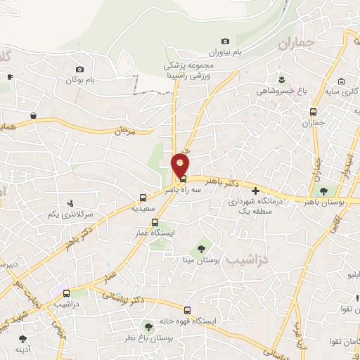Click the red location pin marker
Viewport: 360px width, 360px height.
click(181, 166)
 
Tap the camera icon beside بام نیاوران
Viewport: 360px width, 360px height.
click(225, 41)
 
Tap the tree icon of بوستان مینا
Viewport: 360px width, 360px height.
click(202, 247)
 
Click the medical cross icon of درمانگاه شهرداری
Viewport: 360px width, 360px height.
click(255, 190)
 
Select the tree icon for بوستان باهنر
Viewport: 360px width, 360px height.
click(323, 191)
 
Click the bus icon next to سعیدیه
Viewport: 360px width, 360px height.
click(143, 198)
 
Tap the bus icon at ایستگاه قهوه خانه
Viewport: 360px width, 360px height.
click(186, 309)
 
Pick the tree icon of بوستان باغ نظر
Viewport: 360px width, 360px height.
click(148, 327)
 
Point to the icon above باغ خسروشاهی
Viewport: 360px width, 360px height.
click(281, 77)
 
